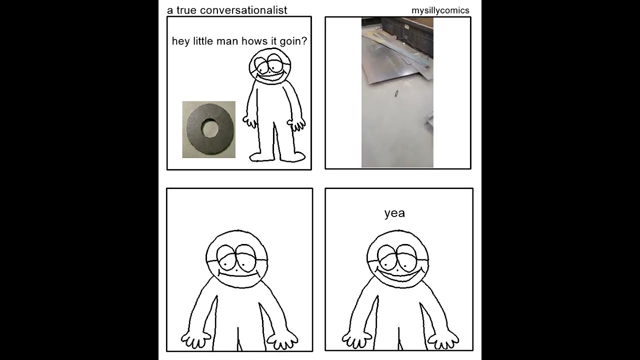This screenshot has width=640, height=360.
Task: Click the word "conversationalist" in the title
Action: [243, 10]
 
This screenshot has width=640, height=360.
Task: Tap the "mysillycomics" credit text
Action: [440, 10]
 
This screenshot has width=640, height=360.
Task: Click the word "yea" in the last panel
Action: [394, 213]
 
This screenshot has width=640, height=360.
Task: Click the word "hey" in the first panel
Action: [181, 41]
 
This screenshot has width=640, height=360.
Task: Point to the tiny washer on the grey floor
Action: [396, 93]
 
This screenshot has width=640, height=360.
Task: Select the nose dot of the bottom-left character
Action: [237, 269]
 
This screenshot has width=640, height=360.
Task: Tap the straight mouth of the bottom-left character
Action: [239, 275]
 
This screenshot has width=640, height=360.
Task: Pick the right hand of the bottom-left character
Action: [282, 340]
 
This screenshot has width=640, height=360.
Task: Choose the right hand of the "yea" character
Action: [443, 340]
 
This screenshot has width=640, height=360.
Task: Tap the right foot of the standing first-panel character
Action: [292, 156]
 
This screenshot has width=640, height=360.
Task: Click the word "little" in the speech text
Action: [203, 41]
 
